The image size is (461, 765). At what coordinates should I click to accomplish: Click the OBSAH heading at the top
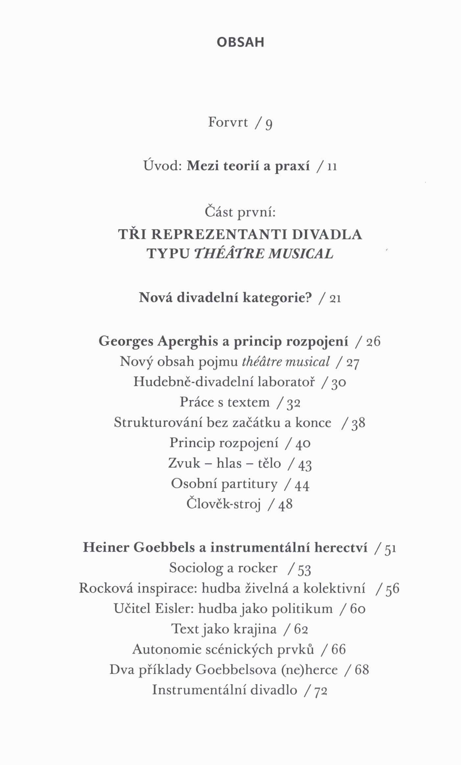[241, 42]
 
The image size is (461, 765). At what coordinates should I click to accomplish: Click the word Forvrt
[228, 122]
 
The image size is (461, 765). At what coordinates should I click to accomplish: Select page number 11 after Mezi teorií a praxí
[332, 167]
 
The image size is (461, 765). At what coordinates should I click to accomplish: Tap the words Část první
[240, 212]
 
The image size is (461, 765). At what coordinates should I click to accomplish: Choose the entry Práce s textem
[224, 402]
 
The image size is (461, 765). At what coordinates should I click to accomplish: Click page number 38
[358, 423]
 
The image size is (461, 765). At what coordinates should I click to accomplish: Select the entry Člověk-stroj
[223, 504]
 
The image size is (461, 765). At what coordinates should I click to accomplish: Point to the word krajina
[255, 629]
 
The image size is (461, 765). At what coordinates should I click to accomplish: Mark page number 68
[362, 670]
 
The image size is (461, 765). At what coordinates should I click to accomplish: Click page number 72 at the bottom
[321, 690]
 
